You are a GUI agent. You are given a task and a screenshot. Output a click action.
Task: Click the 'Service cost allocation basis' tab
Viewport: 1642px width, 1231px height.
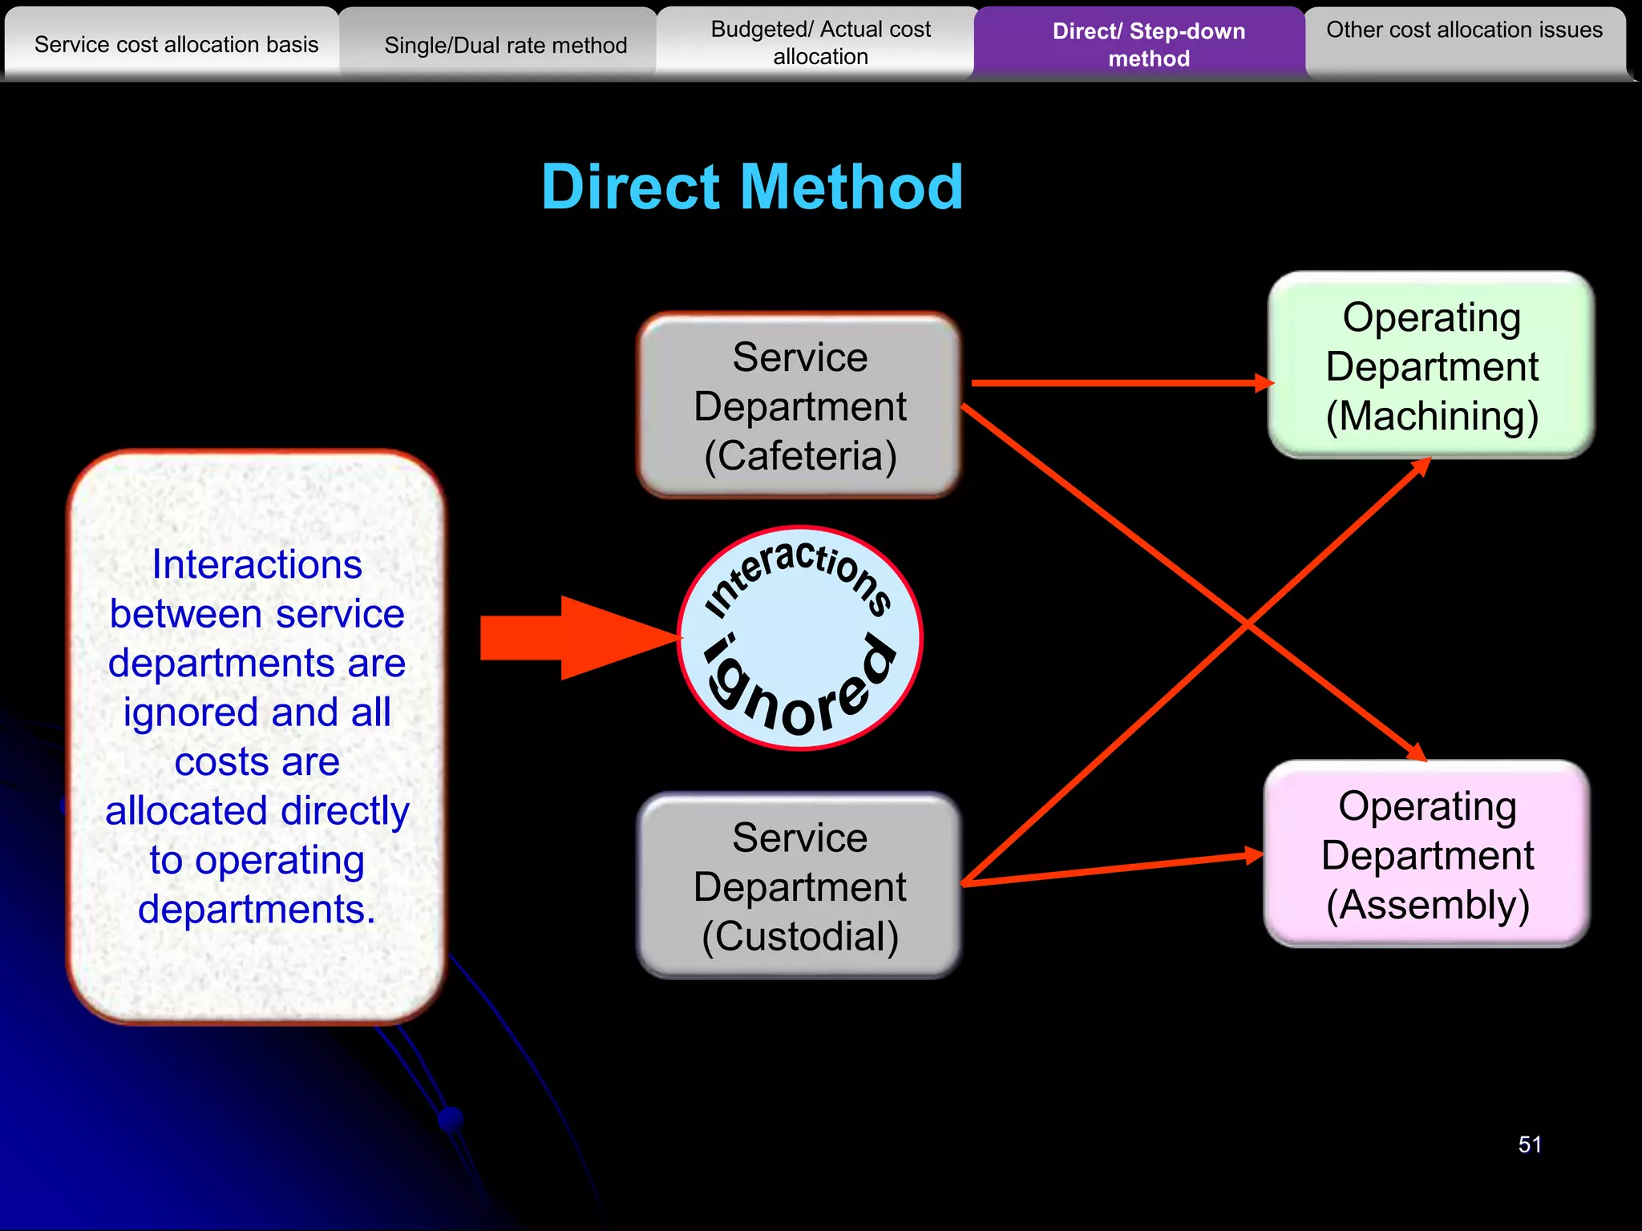click(x=176, y=44)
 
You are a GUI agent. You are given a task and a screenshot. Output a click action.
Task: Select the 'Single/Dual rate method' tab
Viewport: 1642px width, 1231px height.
click(x=505, y=45)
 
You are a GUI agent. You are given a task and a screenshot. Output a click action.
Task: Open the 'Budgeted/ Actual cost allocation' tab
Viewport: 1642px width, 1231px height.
click(x=820, y=43)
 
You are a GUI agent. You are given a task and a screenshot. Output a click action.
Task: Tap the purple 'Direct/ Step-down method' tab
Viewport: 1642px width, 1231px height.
click(x=1148, y=45)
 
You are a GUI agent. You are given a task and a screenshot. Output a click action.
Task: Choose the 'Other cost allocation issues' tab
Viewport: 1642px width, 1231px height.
click(x=1464, y=30)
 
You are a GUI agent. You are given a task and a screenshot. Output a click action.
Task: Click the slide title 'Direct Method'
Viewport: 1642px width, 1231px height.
click(x=752, y=187)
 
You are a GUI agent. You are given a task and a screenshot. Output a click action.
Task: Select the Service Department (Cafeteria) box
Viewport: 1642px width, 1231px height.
click(x=799, y=406)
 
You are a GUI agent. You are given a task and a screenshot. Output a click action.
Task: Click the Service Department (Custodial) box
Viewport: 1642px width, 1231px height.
click(x=799, y=886)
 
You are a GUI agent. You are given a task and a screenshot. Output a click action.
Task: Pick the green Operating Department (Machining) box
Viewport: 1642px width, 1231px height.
click(x=1431, y=365)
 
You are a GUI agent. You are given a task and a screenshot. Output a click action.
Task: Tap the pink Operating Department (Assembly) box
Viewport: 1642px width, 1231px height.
click(x=1427, y=854)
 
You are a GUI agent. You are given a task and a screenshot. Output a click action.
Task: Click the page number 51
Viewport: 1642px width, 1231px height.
click(x=1529, y=1144)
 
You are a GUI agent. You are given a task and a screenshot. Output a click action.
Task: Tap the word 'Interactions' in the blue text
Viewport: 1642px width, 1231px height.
click(x=257, y=564)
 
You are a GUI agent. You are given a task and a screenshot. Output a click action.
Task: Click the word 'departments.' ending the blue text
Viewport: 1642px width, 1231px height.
click(x=257, y=909)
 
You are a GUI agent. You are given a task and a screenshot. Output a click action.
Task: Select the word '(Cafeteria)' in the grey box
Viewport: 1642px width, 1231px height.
click(x=800, y=455)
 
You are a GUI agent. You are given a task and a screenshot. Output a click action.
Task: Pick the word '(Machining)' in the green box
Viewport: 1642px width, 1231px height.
click(x=1432, y=416)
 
